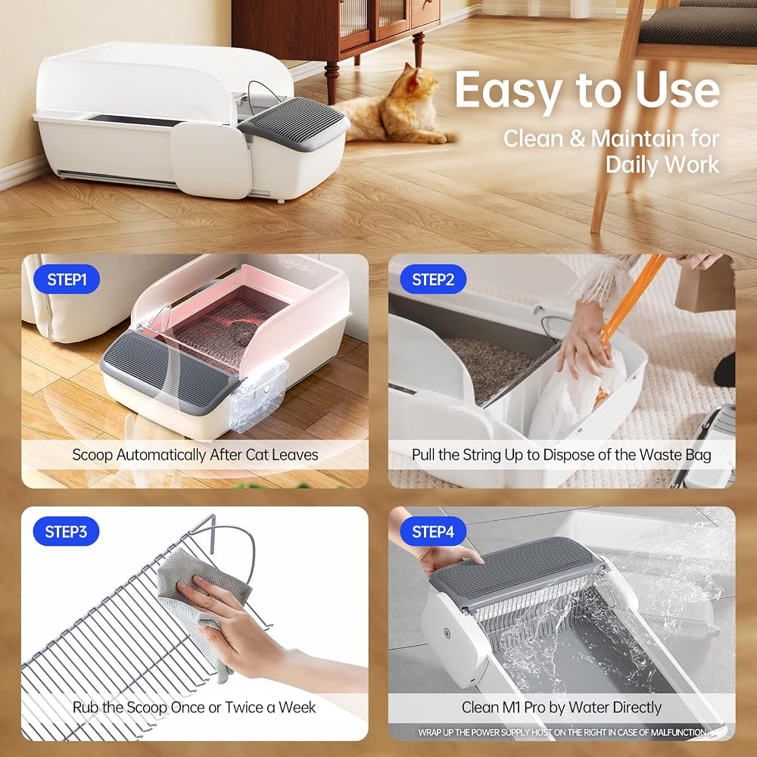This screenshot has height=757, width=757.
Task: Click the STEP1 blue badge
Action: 67,279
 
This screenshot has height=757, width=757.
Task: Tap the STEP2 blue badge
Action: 433,279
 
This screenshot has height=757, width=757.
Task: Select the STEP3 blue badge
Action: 66,531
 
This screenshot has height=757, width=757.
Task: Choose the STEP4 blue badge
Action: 433,531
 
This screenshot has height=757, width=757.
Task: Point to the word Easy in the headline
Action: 509,90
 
